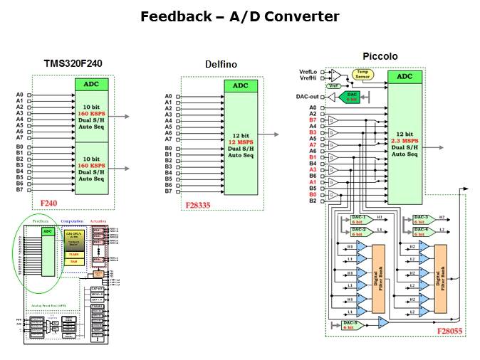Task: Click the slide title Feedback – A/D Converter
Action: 239,16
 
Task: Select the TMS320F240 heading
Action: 72,63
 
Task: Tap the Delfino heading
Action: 221,65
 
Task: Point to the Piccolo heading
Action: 380,56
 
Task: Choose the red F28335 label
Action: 199,205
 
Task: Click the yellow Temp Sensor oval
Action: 364,74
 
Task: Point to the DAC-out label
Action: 307,96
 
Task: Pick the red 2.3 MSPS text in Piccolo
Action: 405,141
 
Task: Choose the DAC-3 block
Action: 420,218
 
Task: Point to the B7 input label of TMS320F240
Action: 20,189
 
